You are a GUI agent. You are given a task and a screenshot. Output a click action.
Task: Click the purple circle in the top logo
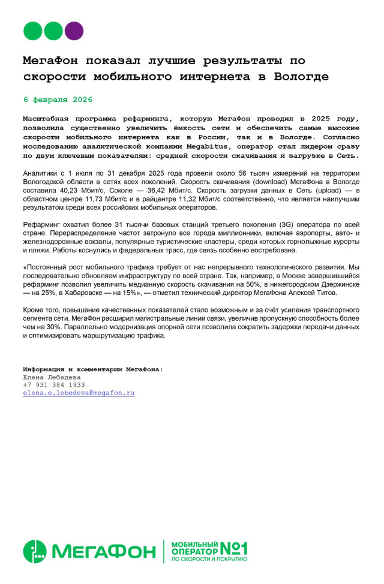coord(74,31)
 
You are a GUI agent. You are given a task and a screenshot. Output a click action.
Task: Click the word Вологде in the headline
coord(301,77)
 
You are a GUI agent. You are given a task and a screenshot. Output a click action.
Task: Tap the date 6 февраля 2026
coord(58,100)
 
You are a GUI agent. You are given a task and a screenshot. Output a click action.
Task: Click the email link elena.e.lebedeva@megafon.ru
coord(79,393)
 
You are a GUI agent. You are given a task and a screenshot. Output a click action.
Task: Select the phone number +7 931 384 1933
coord(54,385)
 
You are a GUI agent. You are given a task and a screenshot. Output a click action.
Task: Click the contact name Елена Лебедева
coord(52,377)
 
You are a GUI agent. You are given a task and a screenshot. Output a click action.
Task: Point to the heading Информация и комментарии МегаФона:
coord(92,369)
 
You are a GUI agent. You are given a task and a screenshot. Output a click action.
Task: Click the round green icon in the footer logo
coord(35,552)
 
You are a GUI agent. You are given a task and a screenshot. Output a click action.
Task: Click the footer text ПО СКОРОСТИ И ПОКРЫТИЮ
coord(209,559)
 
